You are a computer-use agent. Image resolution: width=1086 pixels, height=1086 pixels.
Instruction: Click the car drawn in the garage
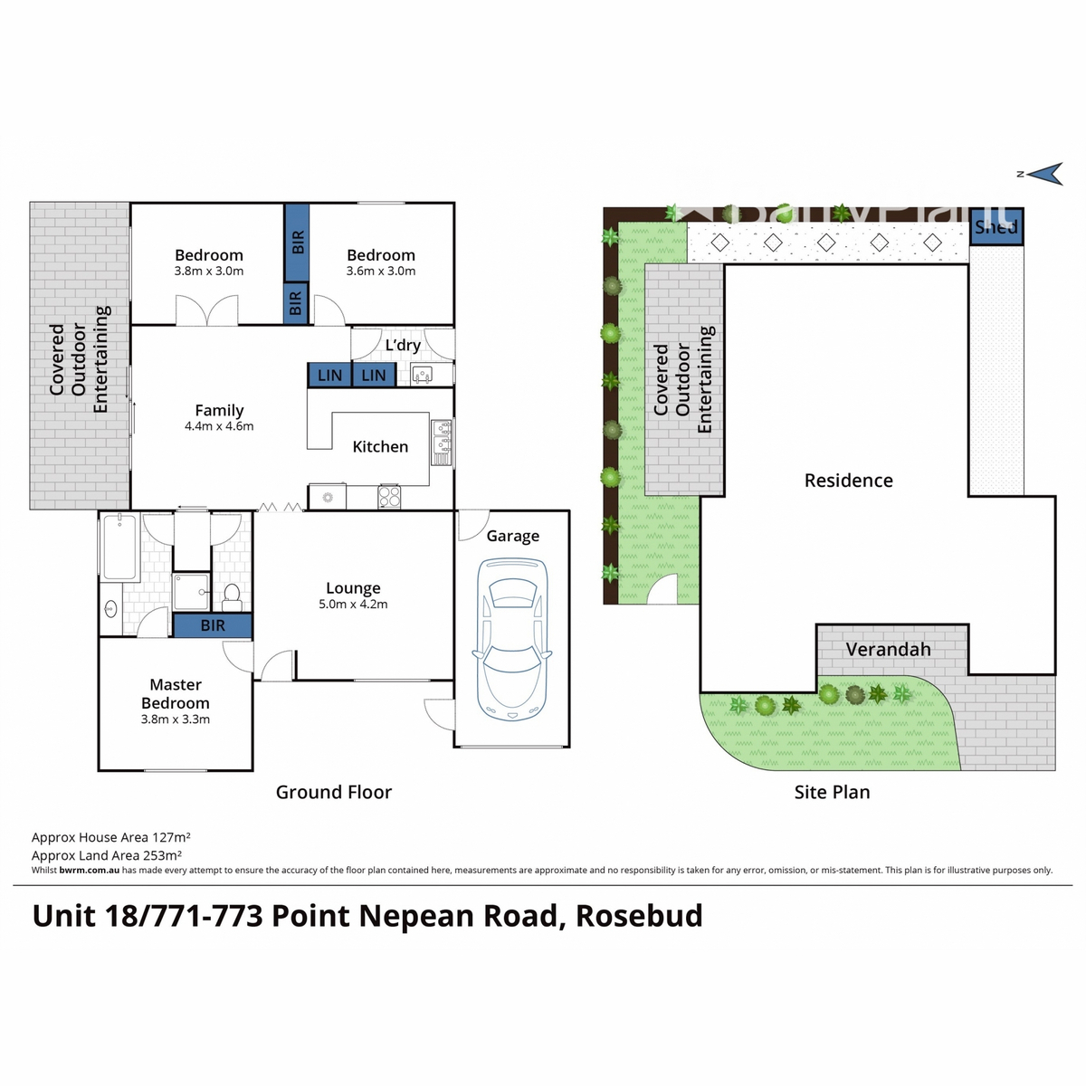click(x=512, y=639)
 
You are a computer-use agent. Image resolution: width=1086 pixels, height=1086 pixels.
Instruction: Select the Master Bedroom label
click(x=176, y=694)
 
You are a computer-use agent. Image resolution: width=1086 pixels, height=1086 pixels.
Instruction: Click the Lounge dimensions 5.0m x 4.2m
click(x=353, y=605)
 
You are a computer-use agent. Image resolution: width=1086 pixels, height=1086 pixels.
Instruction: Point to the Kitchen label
click(x=380, y=447)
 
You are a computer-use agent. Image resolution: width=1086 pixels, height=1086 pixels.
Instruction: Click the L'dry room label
click(x=403, y=346)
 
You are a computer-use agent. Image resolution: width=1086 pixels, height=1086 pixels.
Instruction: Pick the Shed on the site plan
click(x=995, y=226)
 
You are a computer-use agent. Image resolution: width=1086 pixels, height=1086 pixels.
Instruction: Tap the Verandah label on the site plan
click(x=888, y=650)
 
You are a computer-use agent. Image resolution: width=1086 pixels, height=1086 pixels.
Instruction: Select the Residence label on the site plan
click(x=848, y=481)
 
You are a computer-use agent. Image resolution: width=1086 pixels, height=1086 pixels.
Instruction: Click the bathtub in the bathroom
click(x=119, y=547)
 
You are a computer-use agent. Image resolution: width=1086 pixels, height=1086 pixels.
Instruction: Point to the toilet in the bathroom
click(x=232, y=595)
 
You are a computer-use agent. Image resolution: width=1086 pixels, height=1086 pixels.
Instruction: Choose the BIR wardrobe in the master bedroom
click(x=213, y=625)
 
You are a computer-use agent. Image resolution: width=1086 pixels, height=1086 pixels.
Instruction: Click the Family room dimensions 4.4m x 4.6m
click(x=219, y=426)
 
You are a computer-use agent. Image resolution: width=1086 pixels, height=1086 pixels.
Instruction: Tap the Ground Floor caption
click(x=333, y=793)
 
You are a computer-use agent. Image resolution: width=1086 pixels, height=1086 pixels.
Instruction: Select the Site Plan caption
click(x=832, y=793)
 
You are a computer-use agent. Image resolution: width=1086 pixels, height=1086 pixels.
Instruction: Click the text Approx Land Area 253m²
click(x=107, y=855)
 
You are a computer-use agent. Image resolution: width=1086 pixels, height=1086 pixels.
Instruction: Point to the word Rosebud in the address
click(x=639, y=916)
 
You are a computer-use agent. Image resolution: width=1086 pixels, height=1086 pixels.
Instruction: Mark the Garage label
click(x=512, y=537)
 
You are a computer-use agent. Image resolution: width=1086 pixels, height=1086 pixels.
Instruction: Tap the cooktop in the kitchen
click(x=389, y=497)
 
